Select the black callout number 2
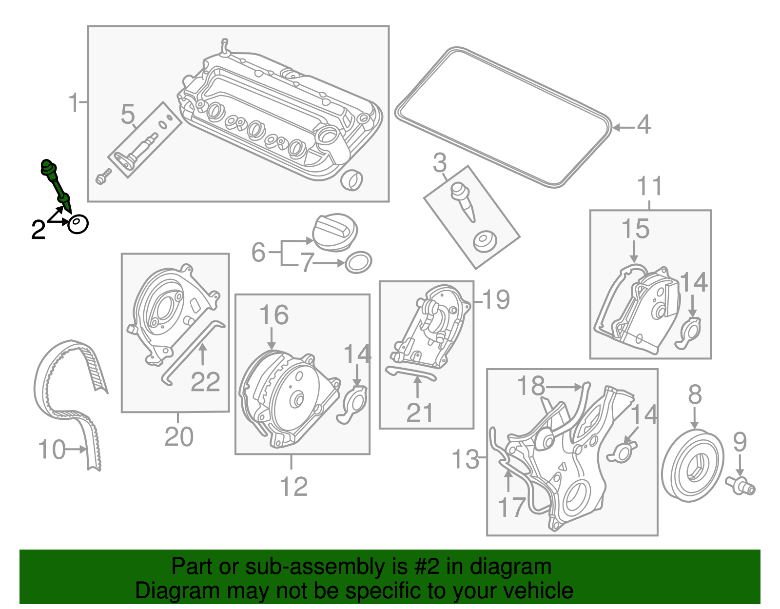[x=38, y=230]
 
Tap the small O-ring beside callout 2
[x=78, y=224]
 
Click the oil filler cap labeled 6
[x=335, y=232]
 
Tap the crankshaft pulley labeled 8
[x=692, y=466]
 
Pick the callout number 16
[x=273, y=315]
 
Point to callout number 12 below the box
[x=293, y=487]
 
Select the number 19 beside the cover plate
[x=496, y=299]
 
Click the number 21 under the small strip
[x=419, y=413]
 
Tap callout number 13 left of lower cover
[x=465, y=459]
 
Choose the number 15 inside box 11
[x=635, y=229]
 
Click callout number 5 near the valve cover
[x=128, y=115]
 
